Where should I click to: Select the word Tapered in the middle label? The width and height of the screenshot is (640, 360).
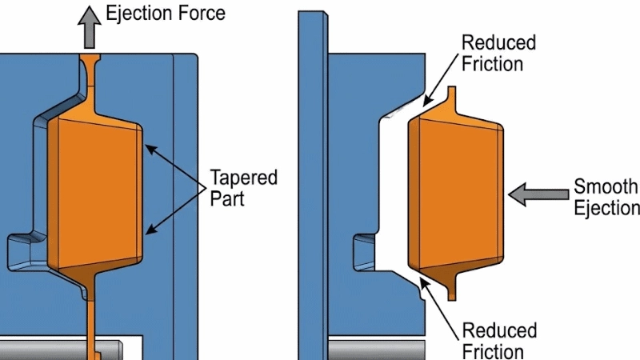[x=242, y=177]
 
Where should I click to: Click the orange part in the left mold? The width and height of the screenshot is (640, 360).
[x=94, y=192]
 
